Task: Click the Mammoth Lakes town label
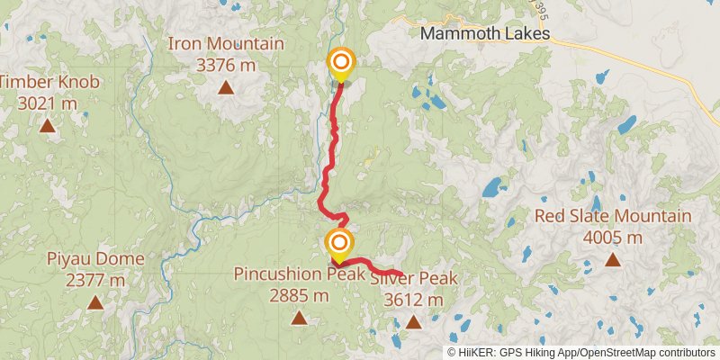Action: [485, 34]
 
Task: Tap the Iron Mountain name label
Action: [226, 43]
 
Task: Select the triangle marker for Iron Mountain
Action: [226, 88]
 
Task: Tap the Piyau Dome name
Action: [95, 259]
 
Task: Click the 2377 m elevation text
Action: [95, 279]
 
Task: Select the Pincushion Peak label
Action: [299, 274]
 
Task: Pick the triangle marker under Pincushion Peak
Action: [299, 318]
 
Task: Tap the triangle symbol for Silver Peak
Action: [413, 321]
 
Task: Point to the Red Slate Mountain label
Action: [613, 216]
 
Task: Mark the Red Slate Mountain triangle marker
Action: [613, 260]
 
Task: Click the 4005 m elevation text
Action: [613, 237]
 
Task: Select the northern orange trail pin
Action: [341, 63]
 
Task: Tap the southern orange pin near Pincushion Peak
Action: [339, 242]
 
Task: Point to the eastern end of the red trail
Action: [400, 274]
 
